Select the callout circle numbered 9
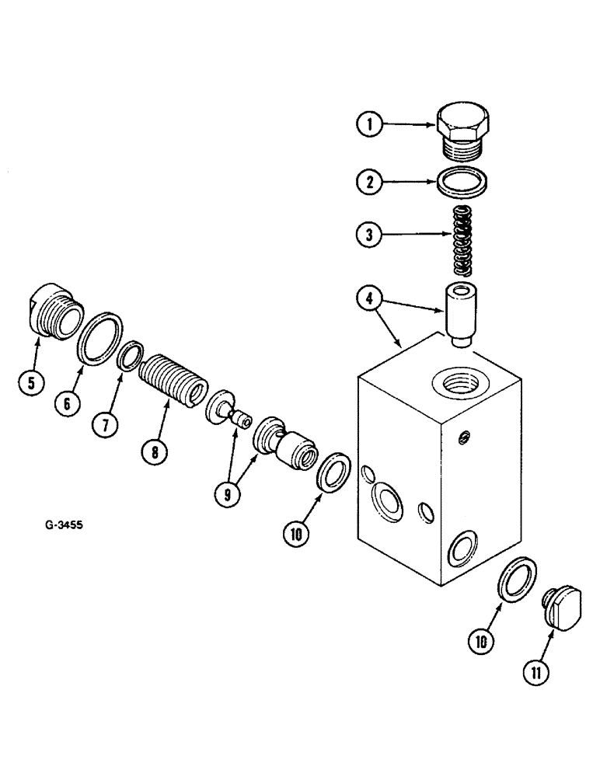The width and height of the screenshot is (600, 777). [x=225, y=493]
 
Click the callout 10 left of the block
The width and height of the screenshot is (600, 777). [x=300, y=534]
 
